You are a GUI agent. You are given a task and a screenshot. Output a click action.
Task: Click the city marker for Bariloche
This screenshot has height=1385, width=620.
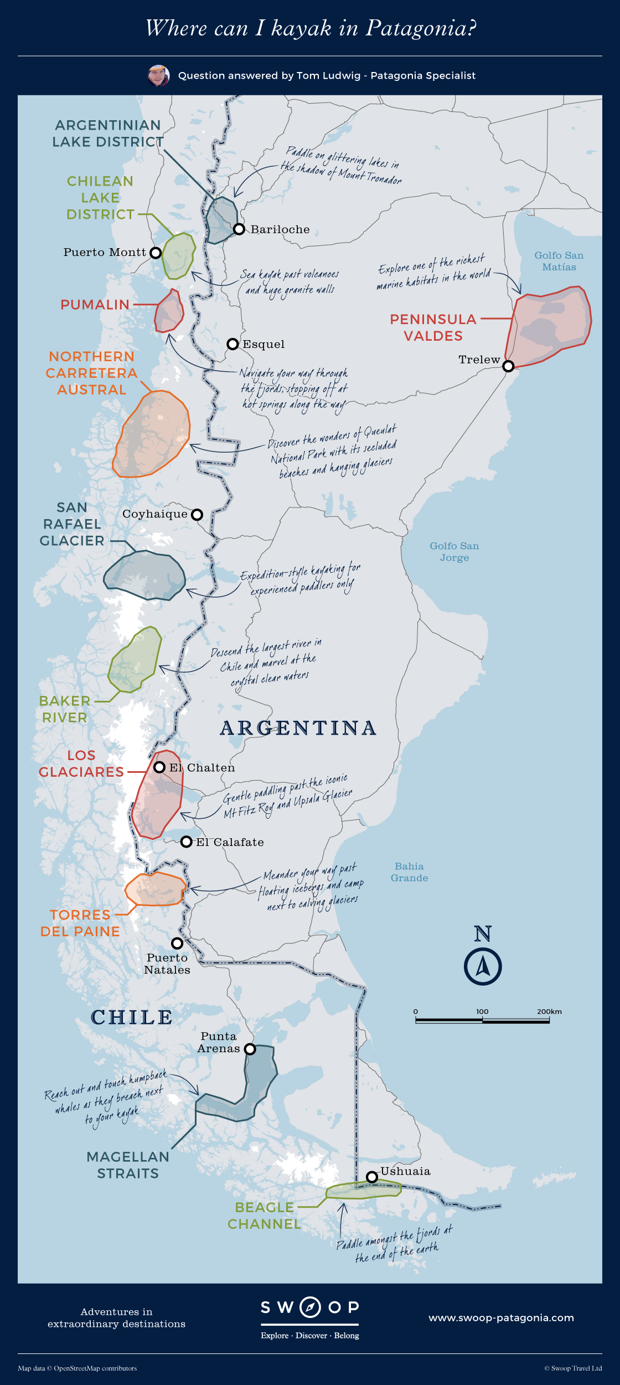239,229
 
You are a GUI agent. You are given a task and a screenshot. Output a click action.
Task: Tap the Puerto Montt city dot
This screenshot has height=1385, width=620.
156,253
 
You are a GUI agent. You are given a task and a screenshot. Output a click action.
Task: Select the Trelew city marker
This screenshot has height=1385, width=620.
508,366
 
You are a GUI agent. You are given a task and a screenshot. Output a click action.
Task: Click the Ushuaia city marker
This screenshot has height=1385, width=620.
372,1177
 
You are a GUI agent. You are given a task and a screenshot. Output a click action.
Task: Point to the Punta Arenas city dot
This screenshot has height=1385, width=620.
250,1049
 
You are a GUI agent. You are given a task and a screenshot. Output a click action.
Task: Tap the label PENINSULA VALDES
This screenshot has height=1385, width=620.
433,327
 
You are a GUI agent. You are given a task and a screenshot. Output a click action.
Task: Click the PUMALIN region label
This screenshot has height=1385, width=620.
95,305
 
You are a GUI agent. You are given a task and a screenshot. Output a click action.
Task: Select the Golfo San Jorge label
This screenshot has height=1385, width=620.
454,552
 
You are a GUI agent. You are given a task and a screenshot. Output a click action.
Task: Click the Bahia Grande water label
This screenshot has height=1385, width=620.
409,872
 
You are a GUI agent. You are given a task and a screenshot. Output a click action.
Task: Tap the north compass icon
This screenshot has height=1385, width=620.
483,966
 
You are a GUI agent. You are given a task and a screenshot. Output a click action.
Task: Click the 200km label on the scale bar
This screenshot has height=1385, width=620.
549,1012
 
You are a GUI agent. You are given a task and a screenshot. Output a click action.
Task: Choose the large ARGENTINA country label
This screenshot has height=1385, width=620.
298,728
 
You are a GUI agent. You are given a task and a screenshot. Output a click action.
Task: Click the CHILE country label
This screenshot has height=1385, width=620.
132,1017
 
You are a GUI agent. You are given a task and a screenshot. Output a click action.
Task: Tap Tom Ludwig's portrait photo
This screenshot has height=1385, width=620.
158,75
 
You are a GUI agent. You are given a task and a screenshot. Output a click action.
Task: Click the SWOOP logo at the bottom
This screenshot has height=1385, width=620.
310,1307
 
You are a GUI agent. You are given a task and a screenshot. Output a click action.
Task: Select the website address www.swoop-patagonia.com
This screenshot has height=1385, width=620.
501,1318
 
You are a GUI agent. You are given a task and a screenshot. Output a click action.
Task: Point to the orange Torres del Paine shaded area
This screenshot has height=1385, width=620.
155,889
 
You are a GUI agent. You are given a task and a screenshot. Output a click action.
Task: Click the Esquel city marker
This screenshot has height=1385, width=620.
232,344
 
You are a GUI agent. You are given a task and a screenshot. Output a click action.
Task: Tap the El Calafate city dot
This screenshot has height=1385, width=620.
187,842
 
